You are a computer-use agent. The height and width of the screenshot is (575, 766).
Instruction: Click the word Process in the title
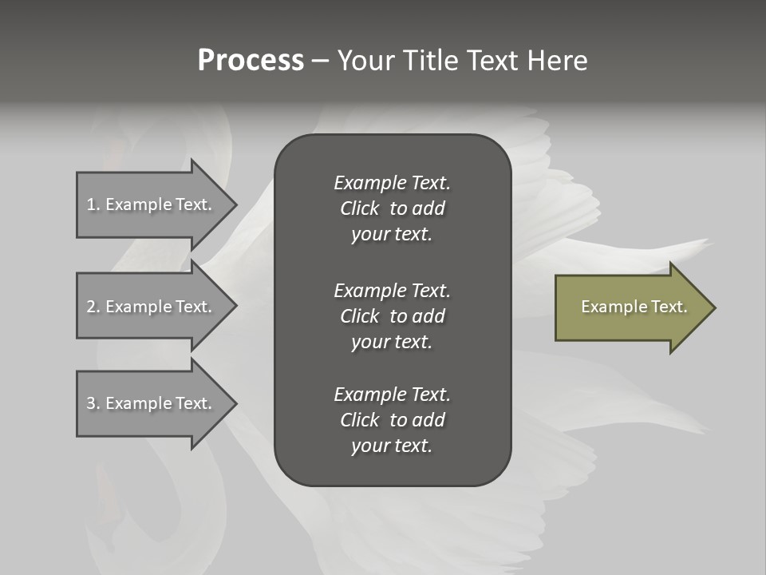point(251,61)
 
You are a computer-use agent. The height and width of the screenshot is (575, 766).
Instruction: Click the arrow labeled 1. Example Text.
point(152,204)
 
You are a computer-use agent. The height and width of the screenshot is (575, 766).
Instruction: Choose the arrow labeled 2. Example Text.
point(152,307)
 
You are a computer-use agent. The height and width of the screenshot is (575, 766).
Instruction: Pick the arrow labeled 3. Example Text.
point(152,403)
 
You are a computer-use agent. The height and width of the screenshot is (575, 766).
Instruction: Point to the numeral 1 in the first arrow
point(91,204)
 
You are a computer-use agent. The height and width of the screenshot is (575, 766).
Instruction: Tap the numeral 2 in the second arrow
point(91,307)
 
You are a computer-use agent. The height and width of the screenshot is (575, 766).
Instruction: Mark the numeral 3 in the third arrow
point(91,403)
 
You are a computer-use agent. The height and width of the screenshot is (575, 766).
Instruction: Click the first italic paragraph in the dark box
point(392,208)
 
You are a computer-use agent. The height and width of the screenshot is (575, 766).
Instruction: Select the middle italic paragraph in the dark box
point(392,316)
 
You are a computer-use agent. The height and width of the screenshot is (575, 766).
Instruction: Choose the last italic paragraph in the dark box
point(392,420)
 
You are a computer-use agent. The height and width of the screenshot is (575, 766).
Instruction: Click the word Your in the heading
point(367,61)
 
